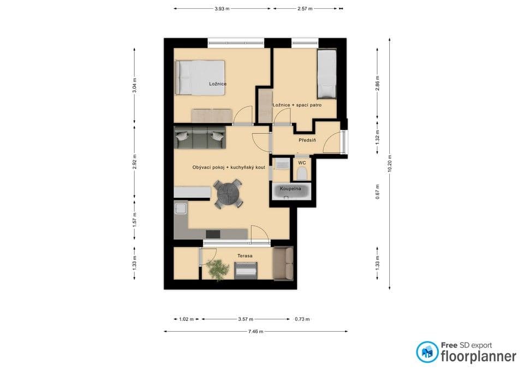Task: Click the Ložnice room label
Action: pos(218,84)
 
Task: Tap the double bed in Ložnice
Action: pos(200,78)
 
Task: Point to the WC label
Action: pos(301,162)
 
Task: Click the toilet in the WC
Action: pos(301,173)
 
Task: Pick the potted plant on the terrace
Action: pos(218,269)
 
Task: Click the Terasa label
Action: pos(244,255)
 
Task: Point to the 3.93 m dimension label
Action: pos(222,9)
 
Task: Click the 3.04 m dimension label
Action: pos(134,86)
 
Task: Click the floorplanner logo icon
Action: pos(427,352)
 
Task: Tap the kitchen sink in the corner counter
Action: pos(180,209)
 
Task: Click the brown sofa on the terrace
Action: pos(283,263)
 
